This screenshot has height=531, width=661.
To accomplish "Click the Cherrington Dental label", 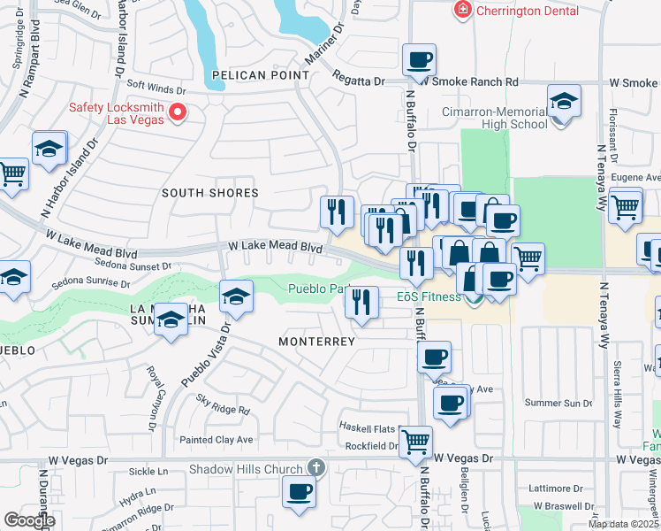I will coord(528,11).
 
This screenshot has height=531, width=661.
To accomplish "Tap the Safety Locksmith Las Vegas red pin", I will coord(177,112).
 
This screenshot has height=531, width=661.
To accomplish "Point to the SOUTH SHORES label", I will coord(210,192).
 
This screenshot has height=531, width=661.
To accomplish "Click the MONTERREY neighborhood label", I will coord(316,341).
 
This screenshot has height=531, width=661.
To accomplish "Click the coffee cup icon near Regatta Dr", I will coord(419,60).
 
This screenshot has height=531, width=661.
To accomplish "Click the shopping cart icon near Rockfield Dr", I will coord(415,441).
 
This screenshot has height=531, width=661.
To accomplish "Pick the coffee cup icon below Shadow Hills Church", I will coord(299,491).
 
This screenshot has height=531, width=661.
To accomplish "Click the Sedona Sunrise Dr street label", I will coord(90,283).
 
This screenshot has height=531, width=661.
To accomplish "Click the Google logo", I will coord(29,520).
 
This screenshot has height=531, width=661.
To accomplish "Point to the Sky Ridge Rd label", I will coord(224,406).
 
